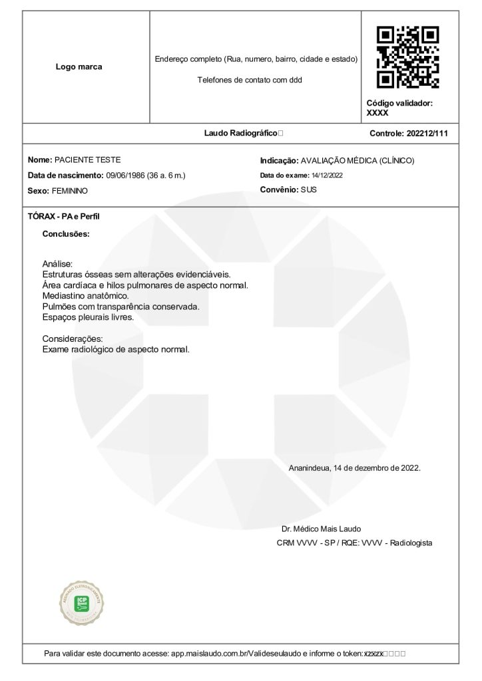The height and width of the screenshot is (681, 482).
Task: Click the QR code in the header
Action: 407,58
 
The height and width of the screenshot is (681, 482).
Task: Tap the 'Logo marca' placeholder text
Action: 79,67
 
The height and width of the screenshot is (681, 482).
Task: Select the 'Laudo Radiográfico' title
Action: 240,133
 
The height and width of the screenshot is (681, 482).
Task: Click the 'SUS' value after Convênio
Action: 309,190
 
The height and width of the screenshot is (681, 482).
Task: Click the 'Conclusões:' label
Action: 66,234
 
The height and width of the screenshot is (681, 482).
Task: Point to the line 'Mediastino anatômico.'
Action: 85,295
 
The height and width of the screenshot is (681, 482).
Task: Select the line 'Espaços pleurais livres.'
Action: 88,317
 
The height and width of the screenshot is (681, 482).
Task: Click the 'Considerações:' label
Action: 72,339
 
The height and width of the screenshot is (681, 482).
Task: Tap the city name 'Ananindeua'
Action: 309,468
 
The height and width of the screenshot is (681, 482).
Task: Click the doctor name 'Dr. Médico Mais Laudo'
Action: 321,529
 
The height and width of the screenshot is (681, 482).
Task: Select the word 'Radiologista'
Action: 411,543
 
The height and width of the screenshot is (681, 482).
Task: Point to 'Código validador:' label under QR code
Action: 399,103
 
